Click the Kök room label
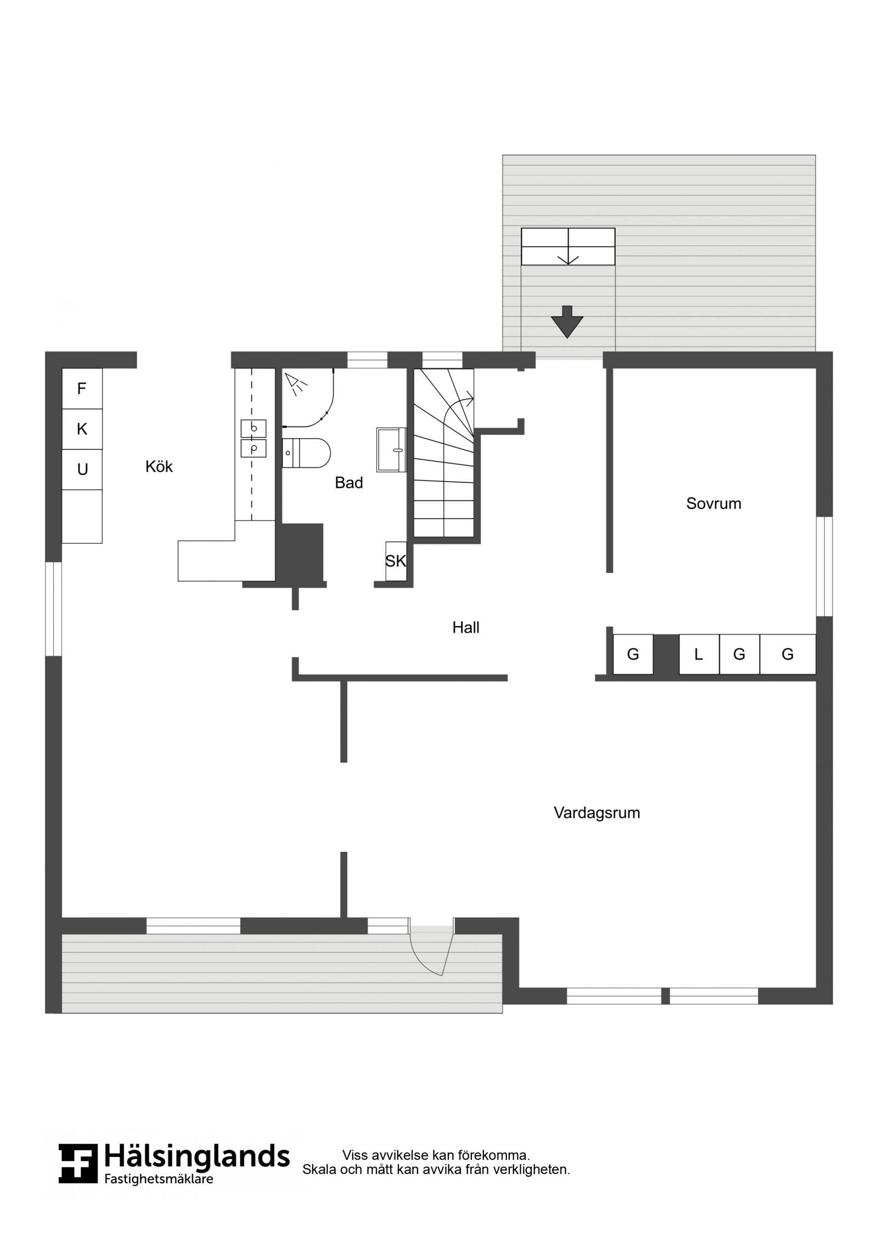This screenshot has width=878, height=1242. [159, 467]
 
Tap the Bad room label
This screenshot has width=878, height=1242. [349, 482]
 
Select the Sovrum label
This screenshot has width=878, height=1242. [713, 503]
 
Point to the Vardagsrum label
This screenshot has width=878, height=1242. [597, 813]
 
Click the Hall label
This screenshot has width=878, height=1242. [466, 627]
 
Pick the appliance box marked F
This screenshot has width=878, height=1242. [82, 389]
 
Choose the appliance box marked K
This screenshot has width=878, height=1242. [82, 429]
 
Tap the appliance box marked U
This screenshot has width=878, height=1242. [82, 469]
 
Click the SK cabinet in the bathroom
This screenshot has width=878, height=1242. [396, 561]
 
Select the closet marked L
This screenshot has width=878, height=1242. [699, 654]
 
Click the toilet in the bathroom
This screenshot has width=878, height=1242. [306, 453]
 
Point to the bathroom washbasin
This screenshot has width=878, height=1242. [391, 449]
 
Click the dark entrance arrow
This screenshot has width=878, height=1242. [567, 322]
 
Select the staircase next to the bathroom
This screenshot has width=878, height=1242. [443, 452]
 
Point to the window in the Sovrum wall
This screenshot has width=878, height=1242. [824, 566]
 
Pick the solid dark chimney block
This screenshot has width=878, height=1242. [299, 552]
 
